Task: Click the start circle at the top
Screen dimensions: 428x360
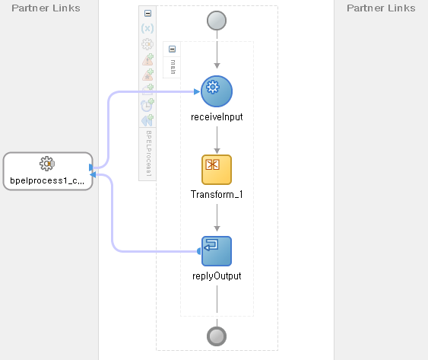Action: point(217,21)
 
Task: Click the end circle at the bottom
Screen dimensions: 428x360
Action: point(217,336)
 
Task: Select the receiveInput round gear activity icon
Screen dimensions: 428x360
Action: point(217,91)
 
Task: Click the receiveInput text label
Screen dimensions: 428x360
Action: point(217,117)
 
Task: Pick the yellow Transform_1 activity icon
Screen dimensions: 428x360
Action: point(217,170)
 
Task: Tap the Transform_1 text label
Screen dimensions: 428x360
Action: point(217,194)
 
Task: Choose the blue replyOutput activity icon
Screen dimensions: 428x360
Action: point(217,251)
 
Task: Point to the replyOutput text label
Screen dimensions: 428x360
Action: point(217,276)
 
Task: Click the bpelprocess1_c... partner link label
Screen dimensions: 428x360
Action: point(47,180)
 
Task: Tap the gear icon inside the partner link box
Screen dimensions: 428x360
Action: point(47,164)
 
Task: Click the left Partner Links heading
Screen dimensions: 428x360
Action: point(46,8)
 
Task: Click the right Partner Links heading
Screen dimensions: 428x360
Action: point(381,8)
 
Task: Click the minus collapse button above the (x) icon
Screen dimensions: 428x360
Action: point(147,13)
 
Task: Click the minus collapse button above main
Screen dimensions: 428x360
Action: point(172,49)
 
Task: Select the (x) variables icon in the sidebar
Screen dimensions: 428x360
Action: point(147,28)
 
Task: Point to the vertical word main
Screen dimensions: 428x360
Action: point(173,67)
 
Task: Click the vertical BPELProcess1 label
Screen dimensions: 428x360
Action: point(148,153)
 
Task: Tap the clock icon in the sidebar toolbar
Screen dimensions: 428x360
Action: point(147,105)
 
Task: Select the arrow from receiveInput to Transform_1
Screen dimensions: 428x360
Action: point(217,140)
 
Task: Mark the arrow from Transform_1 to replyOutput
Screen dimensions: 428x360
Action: point(217,218)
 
